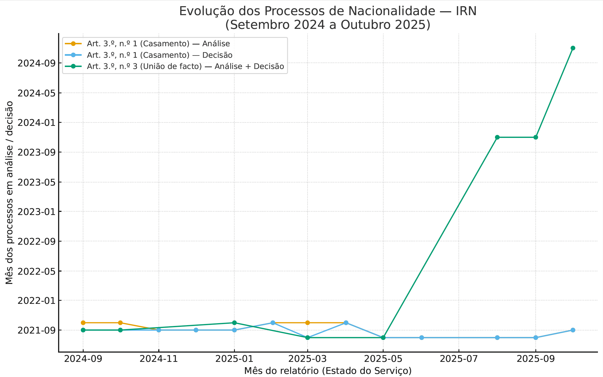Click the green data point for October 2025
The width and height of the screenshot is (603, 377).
573,48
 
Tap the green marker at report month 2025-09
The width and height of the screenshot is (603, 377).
535,137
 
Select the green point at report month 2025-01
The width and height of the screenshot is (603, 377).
234,323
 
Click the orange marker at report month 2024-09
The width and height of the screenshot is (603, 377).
83,323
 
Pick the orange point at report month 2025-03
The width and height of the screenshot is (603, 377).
308,323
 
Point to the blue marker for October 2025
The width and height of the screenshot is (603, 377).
573,330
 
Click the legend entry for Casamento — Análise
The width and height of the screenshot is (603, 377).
158,44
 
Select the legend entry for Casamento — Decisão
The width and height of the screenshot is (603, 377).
159,55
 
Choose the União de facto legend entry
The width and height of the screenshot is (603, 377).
185,66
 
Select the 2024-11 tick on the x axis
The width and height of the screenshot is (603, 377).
159,359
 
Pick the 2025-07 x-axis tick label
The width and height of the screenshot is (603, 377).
459,359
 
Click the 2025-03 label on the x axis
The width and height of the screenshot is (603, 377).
308,359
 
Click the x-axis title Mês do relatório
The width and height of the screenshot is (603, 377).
328,371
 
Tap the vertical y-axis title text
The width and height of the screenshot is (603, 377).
10,193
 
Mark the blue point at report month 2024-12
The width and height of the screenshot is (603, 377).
196,330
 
